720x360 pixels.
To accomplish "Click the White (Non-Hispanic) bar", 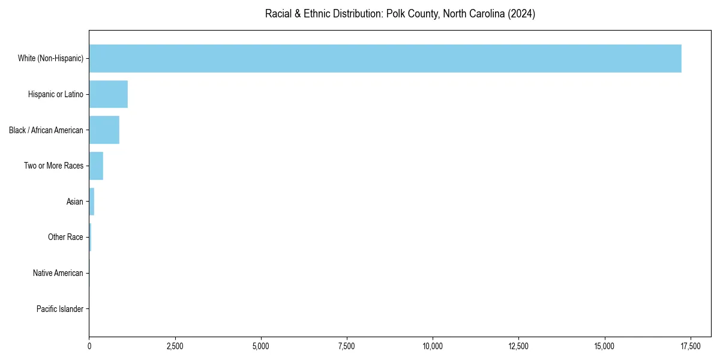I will pyautogui.click(x=385, y=58).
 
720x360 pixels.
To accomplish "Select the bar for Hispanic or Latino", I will pyautogui.click(x=109, y=94).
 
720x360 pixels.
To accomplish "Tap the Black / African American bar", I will pyautogui.click(x=104, y=130).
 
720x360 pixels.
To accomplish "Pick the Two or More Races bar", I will pyautogui.click(x=96, y=166).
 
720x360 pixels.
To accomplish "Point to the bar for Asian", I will pyautogui.click(x=92, y=202).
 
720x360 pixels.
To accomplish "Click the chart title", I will pyautogui.click(x=400, y=14).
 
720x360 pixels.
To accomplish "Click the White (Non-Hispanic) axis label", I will pyautogui.click(x=50, y=58).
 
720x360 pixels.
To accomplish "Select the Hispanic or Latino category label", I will pyautogui.click(x=56, y=94).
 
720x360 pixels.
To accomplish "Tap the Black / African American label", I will pyautogui.click(x=46, y=130).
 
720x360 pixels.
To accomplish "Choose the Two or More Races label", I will pyautogui.click(x=53, y=166).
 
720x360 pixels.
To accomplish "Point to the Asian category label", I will pyautogui.click(x=75, y=202).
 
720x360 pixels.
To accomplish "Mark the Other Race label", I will pyautogui.click(x=65, y=238).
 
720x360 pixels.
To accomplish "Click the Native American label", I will pyautogui.click(x=58, y=273).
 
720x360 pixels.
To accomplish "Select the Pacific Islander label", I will pyautogui.click(x=60, y=309).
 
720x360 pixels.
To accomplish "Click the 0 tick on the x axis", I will pyautogui.click(x=89, y=346).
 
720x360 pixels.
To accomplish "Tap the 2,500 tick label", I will pyautogui.click(x=175, y=346).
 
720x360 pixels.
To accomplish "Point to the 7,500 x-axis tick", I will pyautogui.click(x=347, y=346).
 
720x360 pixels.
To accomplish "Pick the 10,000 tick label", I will pyautogui.click(x=433, y=346).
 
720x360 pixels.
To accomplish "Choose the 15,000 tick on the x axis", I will pyautogui.click(x=604, y=346).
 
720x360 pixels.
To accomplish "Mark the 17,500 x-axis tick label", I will pyautogui.click(x=690, y=346).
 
